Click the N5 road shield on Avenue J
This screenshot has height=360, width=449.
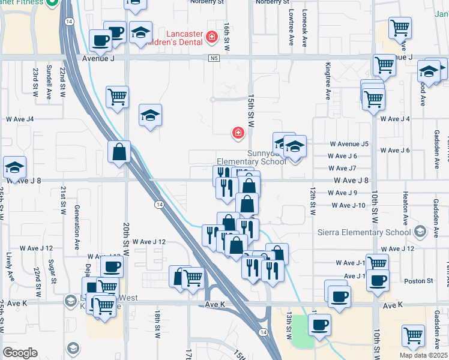(214, 58)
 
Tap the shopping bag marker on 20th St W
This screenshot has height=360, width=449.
(119, 153)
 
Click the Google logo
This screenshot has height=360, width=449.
(20, 353)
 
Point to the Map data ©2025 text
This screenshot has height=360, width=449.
(423, 355)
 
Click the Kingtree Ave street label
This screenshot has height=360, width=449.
(328, 81)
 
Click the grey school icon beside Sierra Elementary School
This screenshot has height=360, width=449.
(420, 232)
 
